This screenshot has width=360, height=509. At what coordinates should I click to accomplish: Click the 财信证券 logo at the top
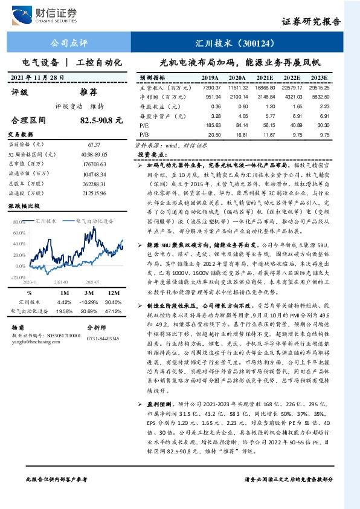(54, 14)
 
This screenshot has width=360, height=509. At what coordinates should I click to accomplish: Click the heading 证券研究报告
(311, 21)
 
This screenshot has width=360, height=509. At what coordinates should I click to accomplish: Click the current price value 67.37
(94, 145)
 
